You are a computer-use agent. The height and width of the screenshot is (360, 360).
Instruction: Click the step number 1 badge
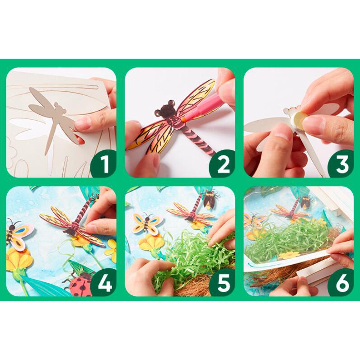(x=104, y=164)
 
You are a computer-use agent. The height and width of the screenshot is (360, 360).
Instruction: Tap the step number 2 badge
(x=223, y=164)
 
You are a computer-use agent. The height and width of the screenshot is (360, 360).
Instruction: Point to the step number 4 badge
(x=104, y=283)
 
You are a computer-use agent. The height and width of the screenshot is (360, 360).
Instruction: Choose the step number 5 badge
(x=223, y=283)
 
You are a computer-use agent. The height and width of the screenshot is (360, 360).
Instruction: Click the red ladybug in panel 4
(x=80, y=284)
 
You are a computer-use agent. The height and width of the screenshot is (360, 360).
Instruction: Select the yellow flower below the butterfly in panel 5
(x=152, y=243)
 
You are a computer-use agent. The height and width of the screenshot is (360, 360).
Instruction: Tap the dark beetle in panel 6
(x=307, y=201)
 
